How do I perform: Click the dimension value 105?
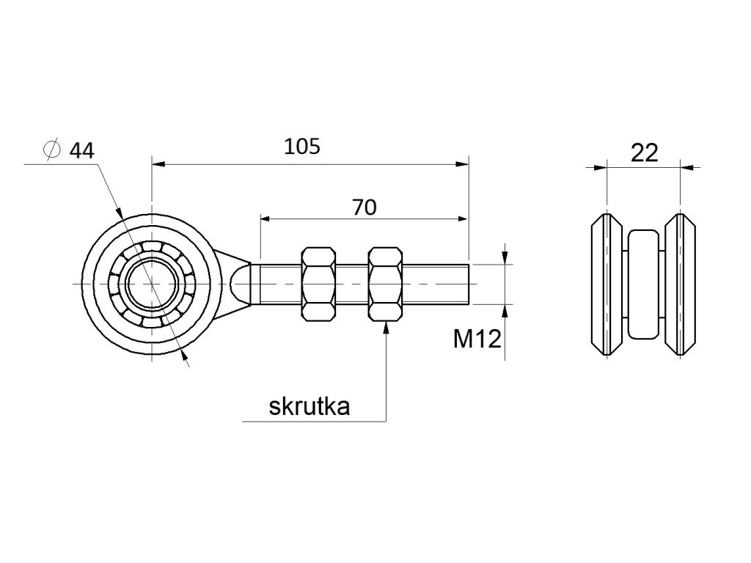click(x=302, y=147)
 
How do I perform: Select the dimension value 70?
click(x=364, y=207)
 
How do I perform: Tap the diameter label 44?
click(x=81, y=151)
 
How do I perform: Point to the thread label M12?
click(x=477, y=339)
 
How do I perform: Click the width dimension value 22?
click(x=644, y=152)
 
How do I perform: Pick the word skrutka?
click(x=309, y=407)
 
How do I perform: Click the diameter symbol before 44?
click(x=51, y=150)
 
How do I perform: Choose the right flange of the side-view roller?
click(x=681, y=284)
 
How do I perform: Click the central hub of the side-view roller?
click(x=644, y=284)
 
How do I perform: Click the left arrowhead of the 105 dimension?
click(x=156, y=164)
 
